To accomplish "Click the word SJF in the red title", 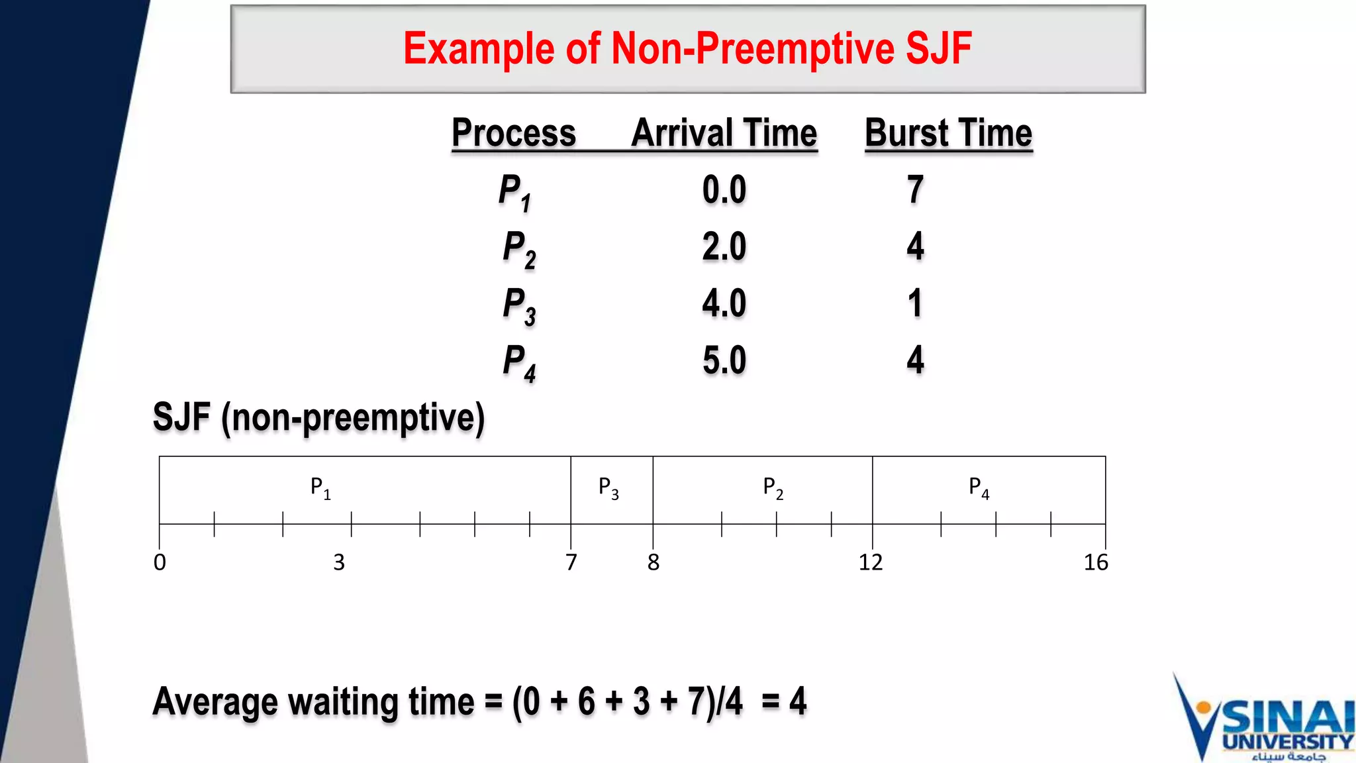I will [x=938, y=49].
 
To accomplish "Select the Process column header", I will [x=514, y=133].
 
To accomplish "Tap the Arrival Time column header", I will [x=724, y=133].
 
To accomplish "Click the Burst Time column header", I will [x=948, y=133].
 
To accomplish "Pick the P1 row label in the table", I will [x=515, y=193].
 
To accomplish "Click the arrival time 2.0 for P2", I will [x=724, y=247].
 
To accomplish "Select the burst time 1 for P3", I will [x=915, y=303].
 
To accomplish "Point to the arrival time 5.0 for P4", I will [x=724, y=360].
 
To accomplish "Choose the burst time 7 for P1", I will [x=915, y=190].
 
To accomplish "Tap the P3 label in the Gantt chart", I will [x=608, y=488].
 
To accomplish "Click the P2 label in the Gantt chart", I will [x=773, y=488].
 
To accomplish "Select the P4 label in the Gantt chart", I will [x=979, y=488].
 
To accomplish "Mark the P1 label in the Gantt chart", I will [x=320, y=488].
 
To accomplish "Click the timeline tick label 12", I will [x=871, y=562].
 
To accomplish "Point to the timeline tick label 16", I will [x=1096, y=562].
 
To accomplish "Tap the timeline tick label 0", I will [x=160, y=562].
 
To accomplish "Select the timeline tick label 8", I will [x=654, y=562].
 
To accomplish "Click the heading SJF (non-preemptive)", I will [x=318, y=417].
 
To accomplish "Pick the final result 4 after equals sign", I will [x=798, y=701].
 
